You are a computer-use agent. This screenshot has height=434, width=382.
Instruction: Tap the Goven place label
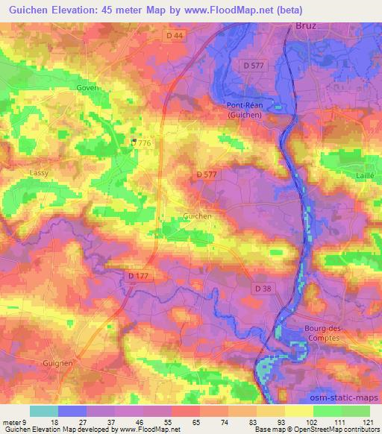(87, 87)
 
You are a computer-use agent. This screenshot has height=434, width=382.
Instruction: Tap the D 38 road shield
(263, 289)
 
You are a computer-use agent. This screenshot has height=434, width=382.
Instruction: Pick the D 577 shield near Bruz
(254, 67)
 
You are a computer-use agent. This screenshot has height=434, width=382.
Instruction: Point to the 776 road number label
(144, 142)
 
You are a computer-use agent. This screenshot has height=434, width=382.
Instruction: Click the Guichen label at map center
(198, 216)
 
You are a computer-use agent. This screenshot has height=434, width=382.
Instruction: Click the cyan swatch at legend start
(44, 411)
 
